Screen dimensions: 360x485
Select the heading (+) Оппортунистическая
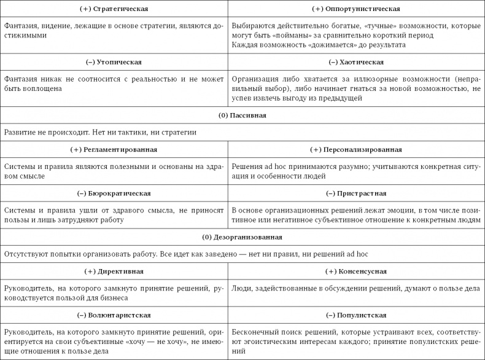click(356, 9)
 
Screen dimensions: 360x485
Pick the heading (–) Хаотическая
click(356, 62)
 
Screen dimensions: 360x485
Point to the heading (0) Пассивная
click(242, 115)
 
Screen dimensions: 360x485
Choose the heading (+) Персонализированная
click(356, 149)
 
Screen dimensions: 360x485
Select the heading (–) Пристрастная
click(356, 193)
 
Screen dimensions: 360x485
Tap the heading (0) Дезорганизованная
click(242, 237)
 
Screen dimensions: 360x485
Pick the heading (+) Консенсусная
click(356, 271)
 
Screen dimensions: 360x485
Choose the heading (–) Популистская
click(356, 315)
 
